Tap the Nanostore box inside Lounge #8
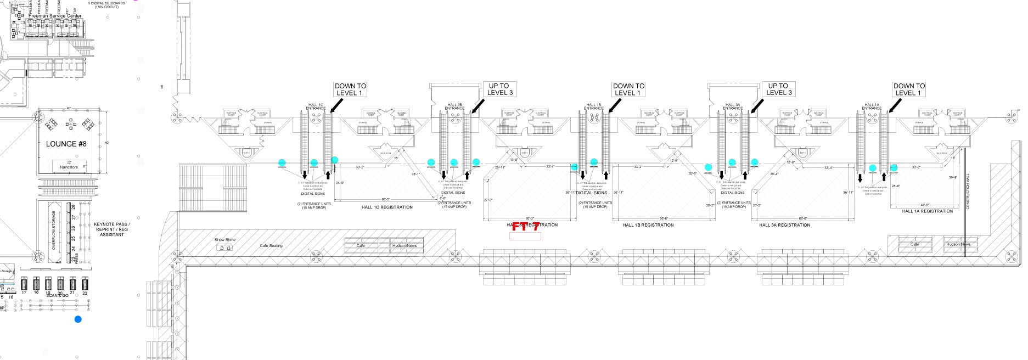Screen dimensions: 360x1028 (x=69, y=166)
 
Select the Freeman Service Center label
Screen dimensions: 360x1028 (x=54, y=16)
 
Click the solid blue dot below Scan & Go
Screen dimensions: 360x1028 (x=78, y=319)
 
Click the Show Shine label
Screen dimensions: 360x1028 (x=225, y=240)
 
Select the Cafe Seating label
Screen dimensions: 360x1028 (x=271, y=245)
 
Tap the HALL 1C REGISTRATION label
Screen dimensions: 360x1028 (x=387, y=207)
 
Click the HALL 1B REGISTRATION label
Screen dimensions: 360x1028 (x=648, y=225)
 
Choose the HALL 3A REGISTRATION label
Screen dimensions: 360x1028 (x=784, y=225)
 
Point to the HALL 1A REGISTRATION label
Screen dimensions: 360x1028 (x=928, y=211)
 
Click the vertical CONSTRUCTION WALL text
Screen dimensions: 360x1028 (x=968, y=192)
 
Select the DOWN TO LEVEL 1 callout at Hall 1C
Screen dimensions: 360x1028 (x=350, y=89)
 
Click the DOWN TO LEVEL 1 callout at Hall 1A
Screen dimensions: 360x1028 (x=909, y=89)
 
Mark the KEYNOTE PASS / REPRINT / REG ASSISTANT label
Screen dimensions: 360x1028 (x=112, y=229)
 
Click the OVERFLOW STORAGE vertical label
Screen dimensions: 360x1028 (x=54, y=230)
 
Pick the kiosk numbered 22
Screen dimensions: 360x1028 (x=85, y=284)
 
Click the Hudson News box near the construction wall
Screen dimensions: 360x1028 (x=958, y=244)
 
